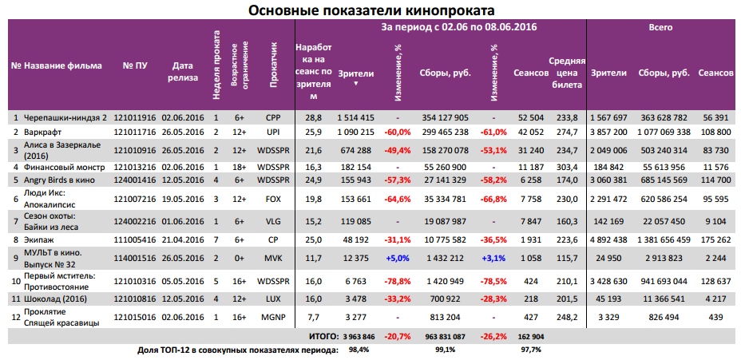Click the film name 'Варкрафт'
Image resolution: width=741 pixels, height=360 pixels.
(x=43, y=130)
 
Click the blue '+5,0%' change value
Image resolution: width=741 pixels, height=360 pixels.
(x=397, y=258)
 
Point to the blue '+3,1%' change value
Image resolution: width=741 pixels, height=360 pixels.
(x=493, y=258)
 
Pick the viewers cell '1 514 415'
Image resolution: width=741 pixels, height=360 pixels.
(x=355, y=117)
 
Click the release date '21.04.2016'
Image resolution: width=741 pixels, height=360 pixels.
(x=183, y=239)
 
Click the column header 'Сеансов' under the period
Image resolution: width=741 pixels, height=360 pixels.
(x=530, y=73)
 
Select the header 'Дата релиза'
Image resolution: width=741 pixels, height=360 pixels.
(x=183, y=73)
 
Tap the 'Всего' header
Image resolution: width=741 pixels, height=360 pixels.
(x=660, y=26)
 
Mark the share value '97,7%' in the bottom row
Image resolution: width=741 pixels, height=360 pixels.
(x=530, y=350)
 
